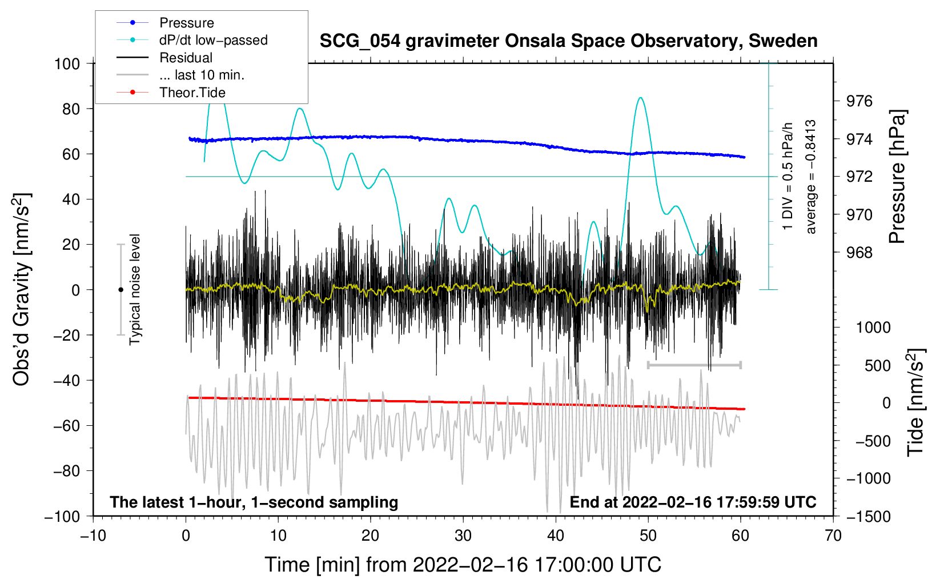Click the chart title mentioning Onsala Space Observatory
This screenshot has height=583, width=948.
[568, 41]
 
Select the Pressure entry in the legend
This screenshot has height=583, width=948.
[187, 23]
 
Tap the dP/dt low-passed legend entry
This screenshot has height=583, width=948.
[213, 40]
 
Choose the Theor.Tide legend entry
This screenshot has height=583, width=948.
[192, 93]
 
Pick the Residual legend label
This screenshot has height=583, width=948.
[186, 58]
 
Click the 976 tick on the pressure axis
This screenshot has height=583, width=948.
[859, 101]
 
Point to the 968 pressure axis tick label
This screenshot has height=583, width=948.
[859, 253]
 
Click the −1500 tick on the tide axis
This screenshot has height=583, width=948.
[868, 516]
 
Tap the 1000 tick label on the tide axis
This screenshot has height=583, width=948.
[873, 328]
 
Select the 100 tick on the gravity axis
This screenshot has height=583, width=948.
[67, 63]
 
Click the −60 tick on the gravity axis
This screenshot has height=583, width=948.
[67, 425]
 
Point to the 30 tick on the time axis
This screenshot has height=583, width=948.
[463, 536]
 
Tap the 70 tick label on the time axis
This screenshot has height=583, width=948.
[833, 536]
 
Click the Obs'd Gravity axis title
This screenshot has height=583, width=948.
[21, 289]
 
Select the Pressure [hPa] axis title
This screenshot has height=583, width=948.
[897, 177]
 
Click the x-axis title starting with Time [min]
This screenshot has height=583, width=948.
[463, 565]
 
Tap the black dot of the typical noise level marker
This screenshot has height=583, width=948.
[120, 290]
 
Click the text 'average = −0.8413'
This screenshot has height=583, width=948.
[810, 177]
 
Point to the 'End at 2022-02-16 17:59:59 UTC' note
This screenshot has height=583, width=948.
[693, 502]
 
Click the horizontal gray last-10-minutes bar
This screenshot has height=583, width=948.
[694, 365]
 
